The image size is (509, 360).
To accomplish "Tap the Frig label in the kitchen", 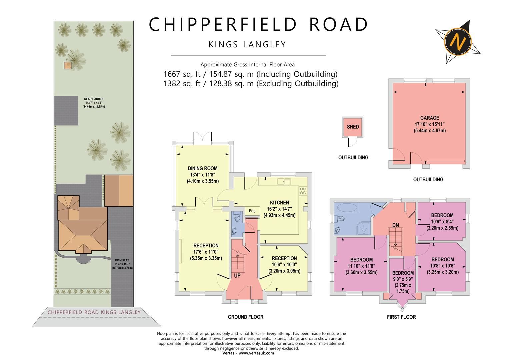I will pos(252,211).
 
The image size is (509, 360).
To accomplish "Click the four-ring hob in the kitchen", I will pos(303,191).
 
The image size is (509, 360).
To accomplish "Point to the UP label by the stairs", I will pos(237,276).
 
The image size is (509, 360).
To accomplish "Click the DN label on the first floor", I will pos(395,225).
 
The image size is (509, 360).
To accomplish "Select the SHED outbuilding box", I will pos(353,127).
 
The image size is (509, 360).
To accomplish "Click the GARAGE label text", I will pos(429,118).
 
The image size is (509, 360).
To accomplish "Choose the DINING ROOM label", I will pos(202,168).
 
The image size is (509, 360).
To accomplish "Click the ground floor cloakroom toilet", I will pos(237,218).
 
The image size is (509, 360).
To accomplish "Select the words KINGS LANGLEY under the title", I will pos(247,44).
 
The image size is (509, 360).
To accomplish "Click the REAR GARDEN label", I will pos(94,99).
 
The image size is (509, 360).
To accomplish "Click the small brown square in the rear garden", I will pos(68,65).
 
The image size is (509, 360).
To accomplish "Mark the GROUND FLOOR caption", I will pos(245,317).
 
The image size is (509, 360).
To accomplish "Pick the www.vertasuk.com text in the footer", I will pos(256,353).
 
